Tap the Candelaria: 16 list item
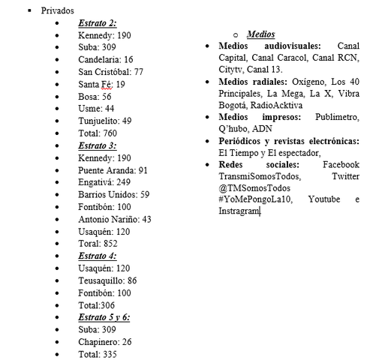[x=106, y=59]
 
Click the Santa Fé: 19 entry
[x=101, y=84]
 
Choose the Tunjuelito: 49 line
[x=105, y=121]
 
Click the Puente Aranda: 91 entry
[x=113, y=170]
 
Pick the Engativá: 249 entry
[x=104, y=182]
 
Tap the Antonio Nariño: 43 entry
[x=115, y=219]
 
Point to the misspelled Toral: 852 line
[x=98, y=244]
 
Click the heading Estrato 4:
[x=97, y=256]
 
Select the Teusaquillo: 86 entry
[x=107, y=280]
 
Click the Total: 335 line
[x=98, y=354]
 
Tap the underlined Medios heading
[x=260, y=34]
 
